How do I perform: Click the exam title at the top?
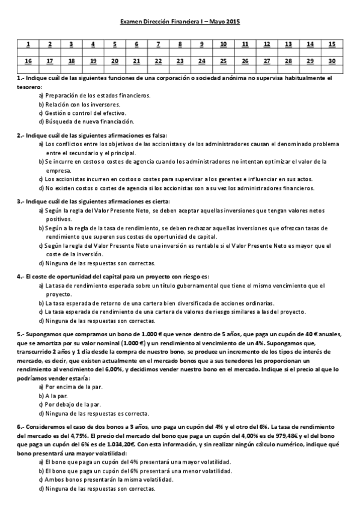click(x=180, y=22)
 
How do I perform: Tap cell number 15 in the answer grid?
click(x=332, y=44)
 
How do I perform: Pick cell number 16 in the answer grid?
click(x=28, y=61)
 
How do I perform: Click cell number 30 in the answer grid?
click(x=332, y=61)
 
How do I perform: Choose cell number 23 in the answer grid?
click(x=180, y=61)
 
